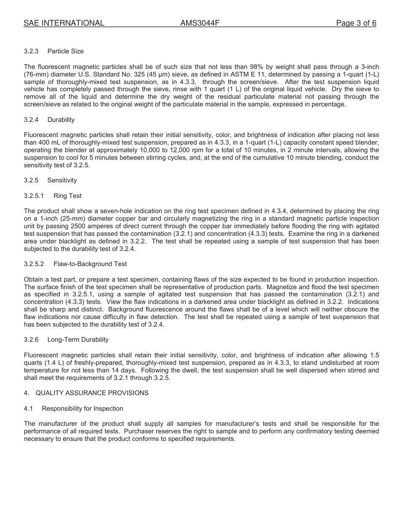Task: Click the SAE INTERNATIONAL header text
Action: (x=64, y=24)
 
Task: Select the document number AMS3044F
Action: (x=200, y=24)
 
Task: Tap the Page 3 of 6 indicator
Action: (x=356, y=24)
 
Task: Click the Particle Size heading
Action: (x=65, y=51)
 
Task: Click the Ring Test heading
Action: (x=67, y=196)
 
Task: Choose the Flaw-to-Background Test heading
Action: (x=90, y=264)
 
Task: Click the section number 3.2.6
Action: (x=31, y=340)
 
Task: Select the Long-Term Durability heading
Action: (x=78, y=340)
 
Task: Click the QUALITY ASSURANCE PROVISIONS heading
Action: (x=92, y=393)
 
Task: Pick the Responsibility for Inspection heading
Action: (x=83, y=409)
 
